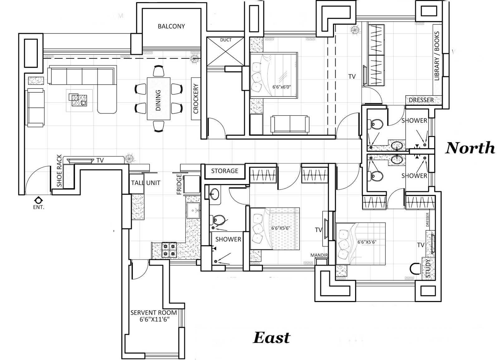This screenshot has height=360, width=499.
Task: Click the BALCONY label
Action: (171, 26)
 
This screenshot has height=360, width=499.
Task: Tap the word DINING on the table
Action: (158, 100)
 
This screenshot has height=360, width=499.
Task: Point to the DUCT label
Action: (226, 40)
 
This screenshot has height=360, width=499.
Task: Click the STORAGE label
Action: (225, 171)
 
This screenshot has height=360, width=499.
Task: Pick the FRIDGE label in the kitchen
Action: (179, 184)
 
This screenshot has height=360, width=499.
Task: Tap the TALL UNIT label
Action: (146, 183)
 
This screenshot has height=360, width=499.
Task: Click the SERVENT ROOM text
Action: (153, 313)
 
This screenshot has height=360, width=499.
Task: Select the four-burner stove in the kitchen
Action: (169, 250)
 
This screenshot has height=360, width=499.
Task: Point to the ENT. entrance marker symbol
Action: (39, 200)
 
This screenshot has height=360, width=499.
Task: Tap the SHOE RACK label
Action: (59, 171)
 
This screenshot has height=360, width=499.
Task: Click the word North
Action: (470, 148)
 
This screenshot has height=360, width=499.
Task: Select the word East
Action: (272, 338)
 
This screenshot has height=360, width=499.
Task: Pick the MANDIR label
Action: (319, 255)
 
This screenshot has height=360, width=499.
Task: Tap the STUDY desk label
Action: (428, 268)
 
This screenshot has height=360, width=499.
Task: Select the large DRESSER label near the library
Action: (421, 100)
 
